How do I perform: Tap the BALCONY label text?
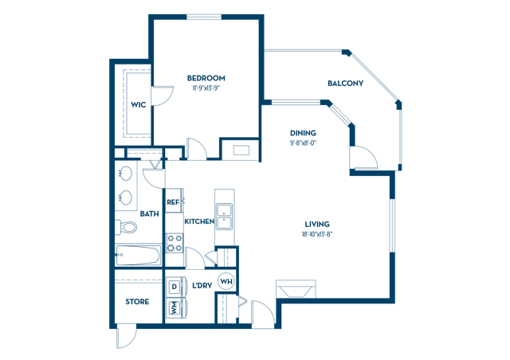point(345,84)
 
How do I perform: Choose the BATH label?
point(149,213)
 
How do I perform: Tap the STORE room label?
point(137,302)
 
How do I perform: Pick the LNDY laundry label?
point(202,284)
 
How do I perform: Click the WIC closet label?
point(138,104)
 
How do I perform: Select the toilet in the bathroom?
point(126,228)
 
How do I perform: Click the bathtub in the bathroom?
point(137,257)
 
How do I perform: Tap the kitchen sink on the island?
point(225,214)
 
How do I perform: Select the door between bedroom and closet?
point(163,96)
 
